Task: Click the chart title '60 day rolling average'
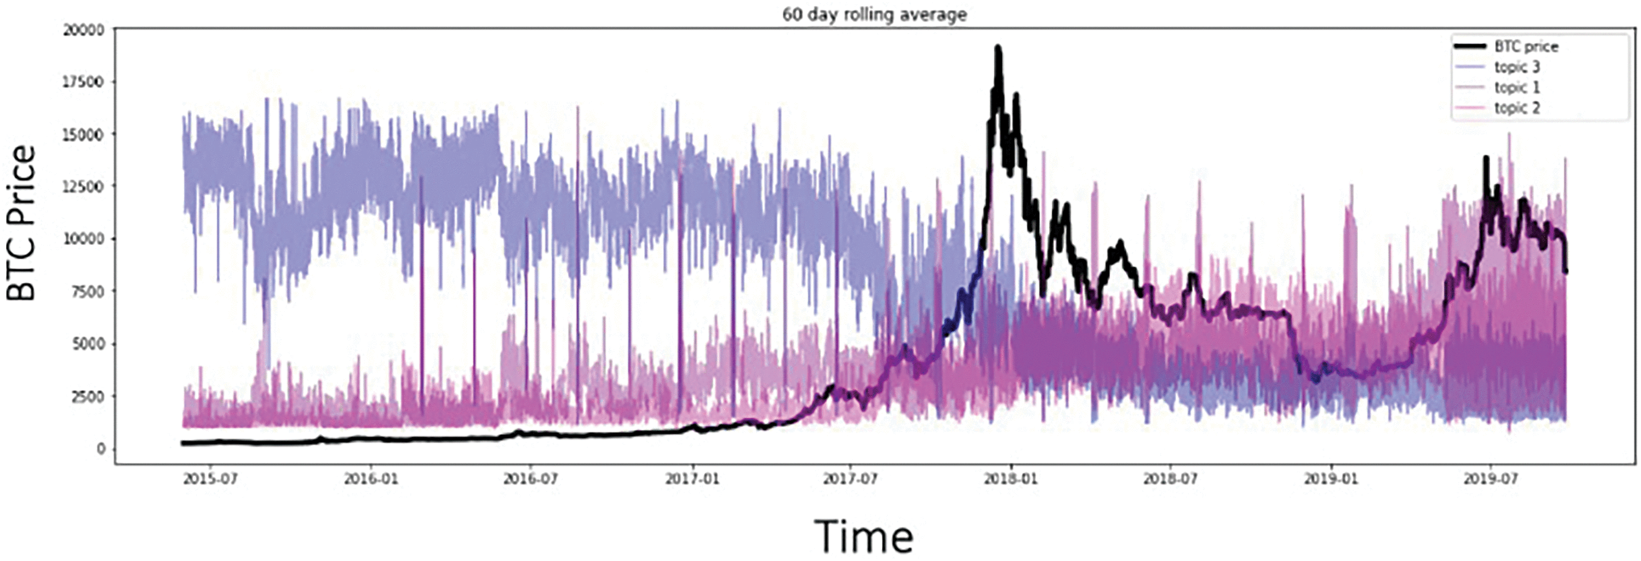tap(874, 14)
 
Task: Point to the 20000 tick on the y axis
tap(83, 29)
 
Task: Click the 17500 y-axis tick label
tap(83, 82)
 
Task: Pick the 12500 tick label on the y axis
tap(83, 187)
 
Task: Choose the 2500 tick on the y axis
tap(87, 397)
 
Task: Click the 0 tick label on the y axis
tap(100, 449)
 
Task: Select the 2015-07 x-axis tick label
tap(210, 478)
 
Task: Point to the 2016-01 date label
tap(371, 478)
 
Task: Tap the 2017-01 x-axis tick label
tap(692, 478)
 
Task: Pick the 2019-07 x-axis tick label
tap(1490, 478)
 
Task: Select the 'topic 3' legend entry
tap(1517, 67)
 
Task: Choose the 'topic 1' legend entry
tap(1517, 87)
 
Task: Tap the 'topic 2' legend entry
tap(1517, 108)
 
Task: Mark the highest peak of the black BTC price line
tap(998, 48)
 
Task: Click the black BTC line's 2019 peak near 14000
tap(1486, 158)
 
